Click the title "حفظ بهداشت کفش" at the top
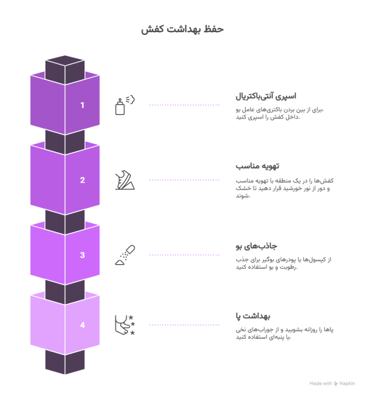182,30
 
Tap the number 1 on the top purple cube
82,105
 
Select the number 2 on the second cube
82,180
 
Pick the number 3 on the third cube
82,255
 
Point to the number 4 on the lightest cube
82,325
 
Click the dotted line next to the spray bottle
184,105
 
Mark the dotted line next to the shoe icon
184,180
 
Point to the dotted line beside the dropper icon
184,255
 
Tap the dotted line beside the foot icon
184,325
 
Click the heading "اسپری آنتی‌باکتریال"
265,96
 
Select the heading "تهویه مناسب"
252,166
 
